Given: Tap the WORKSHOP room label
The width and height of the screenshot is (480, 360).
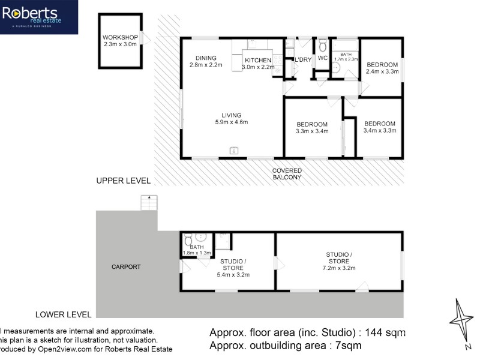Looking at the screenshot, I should [x=120, y=41].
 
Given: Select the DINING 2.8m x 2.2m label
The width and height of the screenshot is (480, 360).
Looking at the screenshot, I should [x=206, y=61].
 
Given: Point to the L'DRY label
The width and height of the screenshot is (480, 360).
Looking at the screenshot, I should [x=302, y=60].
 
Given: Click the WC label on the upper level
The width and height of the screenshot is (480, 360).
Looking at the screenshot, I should [x=322, y=58].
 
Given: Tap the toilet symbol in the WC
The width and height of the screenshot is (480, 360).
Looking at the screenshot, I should [x=322, y=45].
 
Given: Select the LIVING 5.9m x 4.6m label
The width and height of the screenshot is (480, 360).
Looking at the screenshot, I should [x=231, y=119].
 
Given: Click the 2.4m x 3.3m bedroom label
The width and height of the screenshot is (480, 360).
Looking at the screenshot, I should [x=382, y=68].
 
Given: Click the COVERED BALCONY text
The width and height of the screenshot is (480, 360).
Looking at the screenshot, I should [x=287, y=174].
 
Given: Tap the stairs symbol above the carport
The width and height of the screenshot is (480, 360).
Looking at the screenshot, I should [x=148, y=203].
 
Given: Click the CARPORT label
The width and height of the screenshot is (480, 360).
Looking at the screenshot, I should [x=126, y=267].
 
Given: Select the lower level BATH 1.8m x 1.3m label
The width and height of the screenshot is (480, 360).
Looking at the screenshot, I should [x=197, y=250].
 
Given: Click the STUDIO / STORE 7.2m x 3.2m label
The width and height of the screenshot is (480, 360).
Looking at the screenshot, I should [x=338, y=261].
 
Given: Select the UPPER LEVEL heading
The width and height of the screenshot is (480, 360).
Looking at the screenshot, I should [x=124, y=181].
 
